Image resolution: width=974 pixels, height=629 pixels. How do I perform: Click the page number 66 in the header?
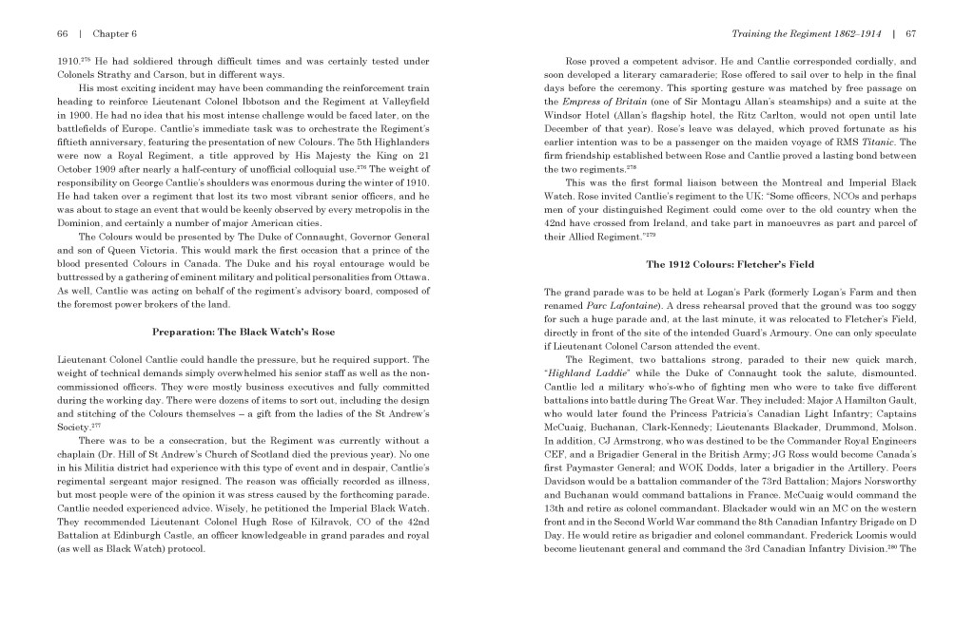coord(63,33)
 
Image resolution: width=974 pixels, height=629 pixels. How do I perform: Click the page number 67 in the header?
coord(910,33)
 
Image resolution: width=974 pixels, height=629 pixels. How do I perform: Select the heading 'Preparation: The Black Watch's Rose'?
coord(243,332)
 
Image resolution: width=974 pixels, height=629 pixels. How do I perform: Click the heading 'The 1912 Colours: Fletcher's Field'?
coord(730,263)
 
